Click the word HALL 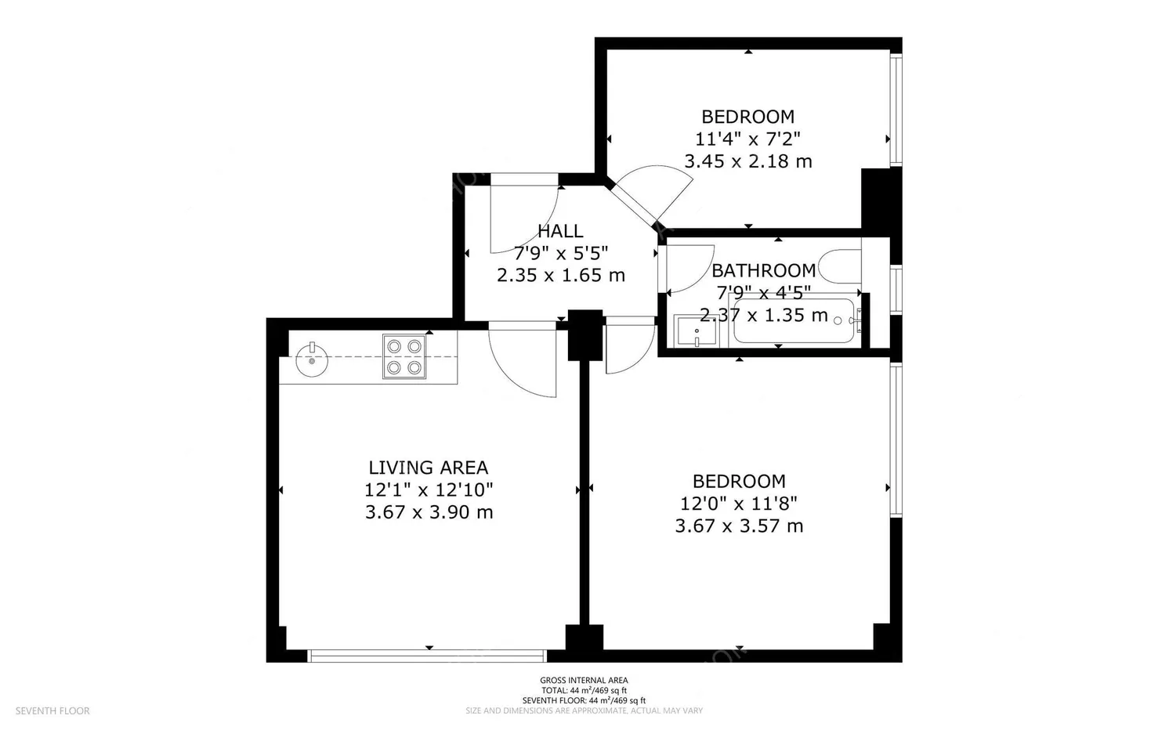pos(560,230)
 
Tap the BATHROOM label pos(763,271)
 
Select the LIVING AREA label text pos(429,467)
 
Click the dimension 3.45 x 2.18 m pos(747,161)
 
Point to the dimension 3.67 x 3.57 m pos(739,526)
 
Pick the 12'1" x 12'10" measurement pos(429,490)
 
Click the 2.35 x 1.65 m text pos(560,275)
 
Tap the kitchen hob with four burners pos(404,356)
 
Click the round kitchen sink pos(312,360)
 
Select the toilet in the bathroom pos(840,266)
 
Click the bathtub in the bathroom pos(794,320)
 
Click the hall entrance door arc pos(543,229)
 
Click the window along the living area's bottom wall pos(428,656)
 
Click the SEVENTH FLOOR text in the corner pos(52,710)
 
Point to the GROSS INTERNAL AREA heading pos(584,680)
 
